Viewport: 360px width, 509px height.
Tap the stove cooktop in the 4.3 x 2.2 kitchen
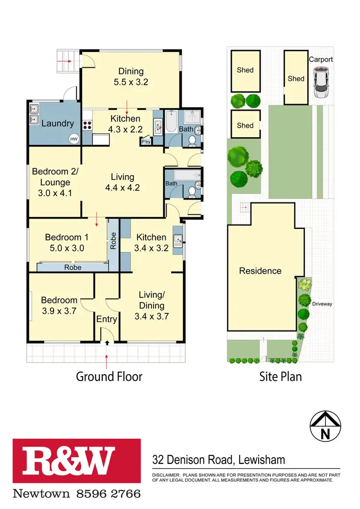[88, 126]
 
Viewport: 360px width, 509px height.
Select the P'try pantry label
[145, 142]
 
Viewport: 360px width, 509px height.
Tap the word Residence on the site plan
[260, 271]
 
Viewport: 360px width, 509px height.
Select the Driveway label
[322, 304]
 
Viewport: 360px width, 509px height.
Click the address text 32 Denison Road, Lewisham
[218, 460]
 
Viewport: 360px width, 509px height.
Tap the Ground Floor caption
[109, 377]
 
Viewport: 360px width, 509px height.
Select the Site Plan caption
[280, 377]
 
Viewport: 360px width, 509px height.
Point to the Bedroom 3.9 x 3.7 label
[59, 305]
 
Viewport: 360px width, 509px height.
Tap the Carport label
[321, 59]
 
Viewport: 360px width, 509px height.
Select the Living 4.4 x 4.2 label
[122, 182]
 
